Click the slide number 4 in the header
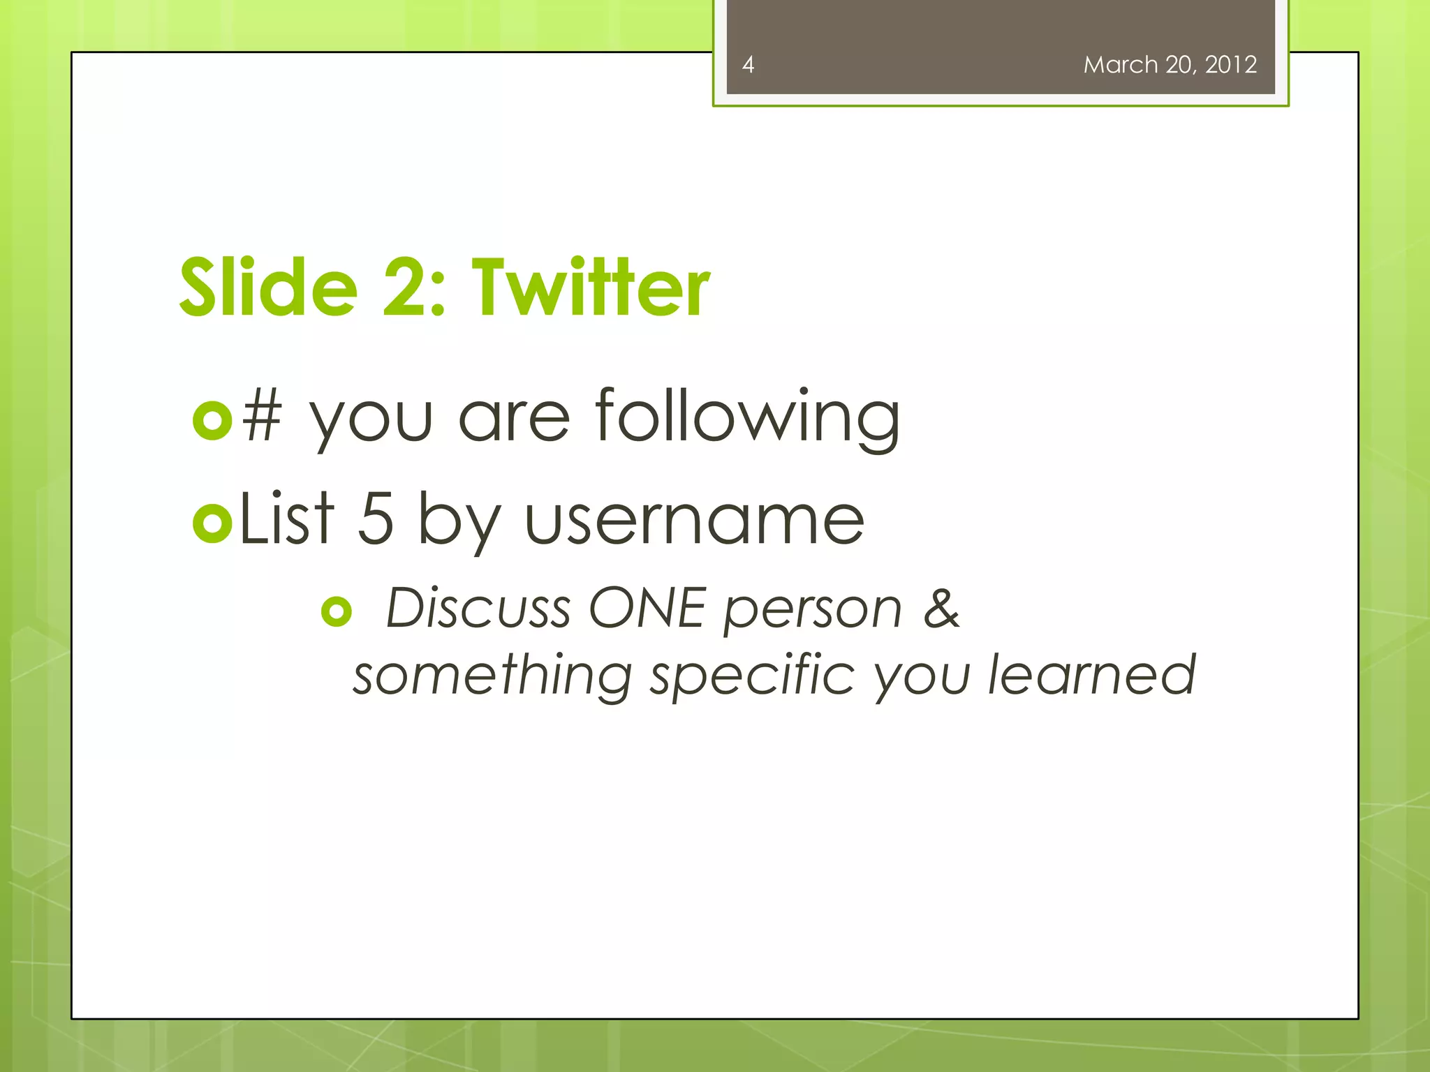pos(748,65)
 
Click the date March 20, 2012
pos(1170,65)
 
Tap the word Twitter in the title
pos(591,288)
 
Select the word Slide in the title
pos(268,288)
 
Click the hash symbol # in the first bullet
pos(262,417)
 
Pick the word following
pos(747,419)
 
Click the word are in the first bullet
pos(514,419)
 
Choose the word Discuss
pos(478,608)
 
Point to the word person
pos(813,611)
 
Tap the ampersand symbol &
pos(941,608)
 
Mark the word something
pos(492,676)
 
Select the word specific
pos(753,676)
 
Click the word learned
pos(1091,675)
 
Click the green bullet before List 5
pos(212,522)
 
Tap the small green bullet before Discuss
pos(337,611)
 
